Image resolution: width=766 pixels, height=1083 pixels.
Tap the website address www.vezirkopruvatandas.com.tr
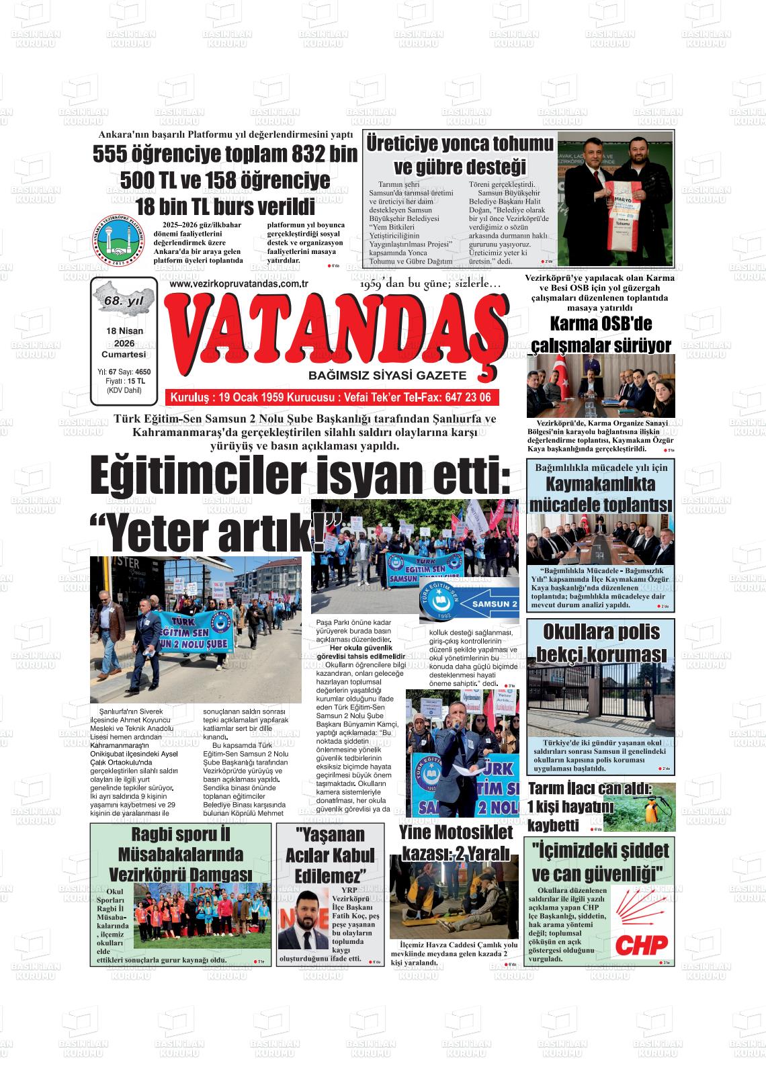[239, 284]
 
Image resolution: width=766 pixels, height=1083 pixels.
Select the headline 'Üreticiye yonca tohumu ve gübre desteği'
[460, 155]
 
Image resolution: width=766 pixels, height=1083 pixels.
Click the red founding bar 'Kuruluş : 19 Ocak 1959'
[331, 397]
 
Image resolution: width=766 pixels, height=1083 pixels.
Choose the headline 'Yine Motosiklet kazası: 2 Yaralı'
[456, 842]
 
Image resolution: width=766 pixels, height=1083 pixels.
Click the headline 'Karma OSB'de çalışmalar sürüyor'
[601, 335]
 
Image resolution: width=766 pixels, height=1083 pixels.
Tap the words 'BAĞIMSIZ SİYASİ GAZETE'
[387, 375]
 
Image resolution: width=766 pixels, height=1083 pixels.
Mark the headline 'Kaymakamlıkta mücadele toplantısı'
[601, 494]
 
